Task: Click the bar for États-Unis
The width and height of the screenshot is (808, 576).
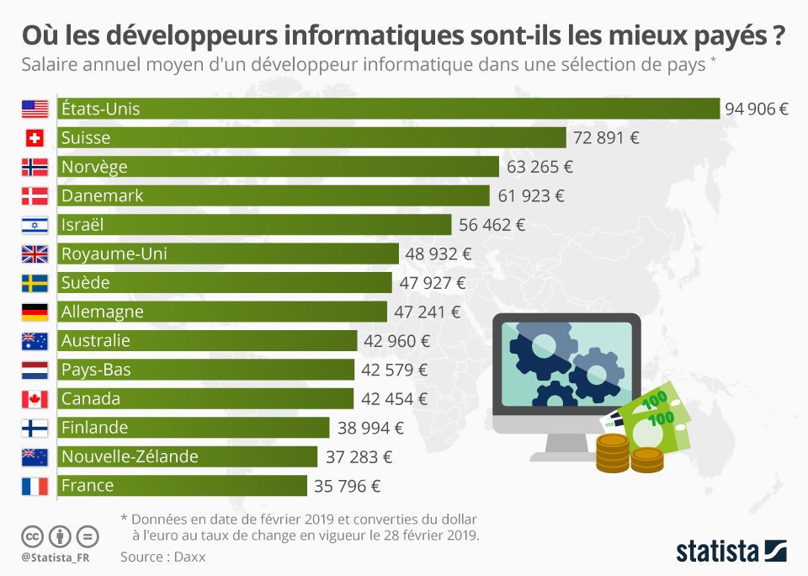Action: point(387,109)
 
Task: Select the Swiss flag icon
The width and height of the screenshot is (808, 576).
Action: point(35,138)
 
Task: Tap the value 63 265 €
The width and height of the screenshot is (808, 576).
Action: point(540,167)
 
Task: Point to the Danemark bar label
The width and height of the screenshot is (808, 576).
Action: point(103,195)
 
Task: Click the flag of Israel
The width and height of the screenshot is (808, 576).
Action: point(35,225)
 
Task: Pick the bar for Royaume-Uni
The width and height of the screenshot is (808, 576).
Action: point(227,253)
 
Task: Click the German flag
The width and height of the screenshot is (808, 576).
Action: point(35,312)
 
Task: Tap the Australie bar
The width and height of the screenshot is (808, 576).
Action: point(207,341)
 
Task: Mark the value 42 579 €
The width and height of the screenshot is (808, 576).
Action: point(395,370)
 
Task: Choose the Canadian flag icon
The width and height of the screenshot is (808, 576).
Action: point(35,399)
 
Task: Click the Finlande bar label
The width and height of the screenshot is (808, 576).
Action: point(94,428)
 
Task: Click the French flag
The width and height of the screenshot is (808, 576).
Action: point(35,486)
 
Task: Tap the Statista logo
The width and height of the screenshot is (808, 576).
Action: point(731,552)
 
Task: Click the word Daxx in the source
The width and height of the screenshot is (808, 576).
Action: point(189,557)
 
